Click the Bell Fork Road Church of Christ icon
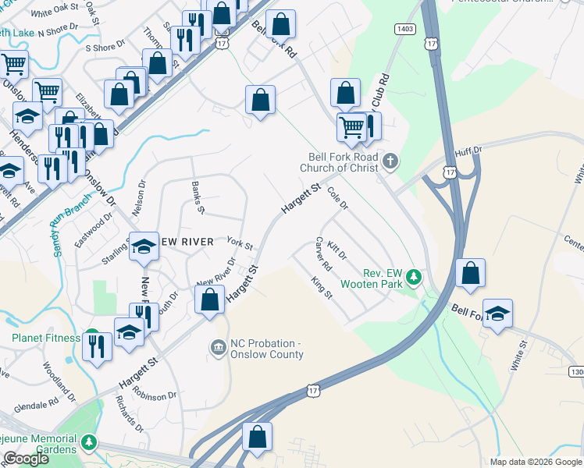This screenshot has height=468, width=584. (x=391, y=162)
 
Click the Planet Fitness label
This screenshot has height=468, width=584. (x=45, y=338)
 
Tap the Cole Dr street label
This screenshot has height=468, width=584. (x=337, y=197)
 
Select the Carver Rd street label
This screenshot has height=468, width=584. (x=323, y=254)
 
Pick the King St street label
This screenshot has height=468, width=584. (x=322, y=288)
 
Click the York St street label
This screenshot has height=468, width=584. (x=240, y=244)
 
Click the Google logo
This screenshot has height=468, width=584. (x=27, y=459)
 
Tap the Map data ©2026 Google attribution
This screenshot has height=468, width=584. (x=536, y=462)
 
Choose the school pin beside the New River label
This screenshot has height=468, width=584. (x=144, y=246)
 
